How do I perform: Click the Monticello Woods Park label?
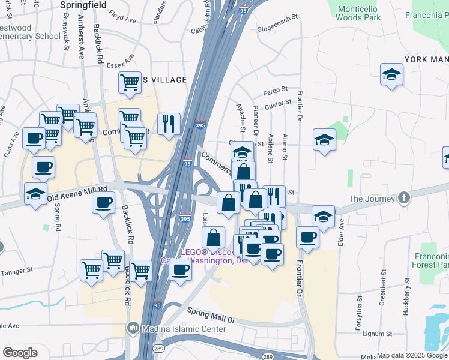(x=359, y=13)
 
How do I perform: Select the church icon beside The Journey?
(x=406, y=198)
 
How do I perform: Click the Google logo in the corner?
(x=20, y=352)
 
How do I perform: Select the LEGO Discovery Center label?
(x=204, y=256)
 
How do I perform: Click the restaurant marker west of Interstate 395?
(x=169, y=124)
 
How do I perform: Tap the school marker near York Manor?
(x=391, y=74)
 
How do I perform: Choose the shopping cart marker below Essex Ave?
(x=130, y=83)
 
